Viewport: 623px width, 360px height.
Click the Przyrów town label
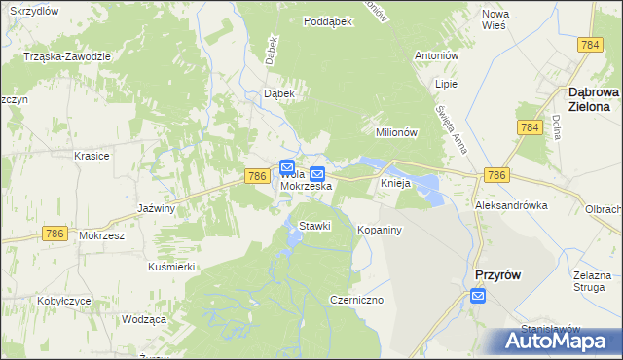(496, 275)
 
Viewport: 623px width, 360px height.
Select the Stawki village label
(314, 226)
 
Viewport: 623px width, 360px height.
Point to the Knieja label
(398, 184)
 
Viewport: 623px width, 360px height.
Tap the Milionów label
(396, 132)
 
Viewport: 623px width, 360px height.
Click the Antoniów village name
(437, 55)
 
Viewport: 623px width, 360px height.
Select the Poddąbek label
(327, 20)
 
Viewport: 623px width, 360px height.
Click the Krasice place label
(92, 156)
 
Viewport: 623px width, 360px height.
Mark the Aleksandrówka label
(511, 206)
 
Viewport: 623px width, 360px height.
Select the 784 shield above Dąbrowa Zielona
(589, 46)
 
